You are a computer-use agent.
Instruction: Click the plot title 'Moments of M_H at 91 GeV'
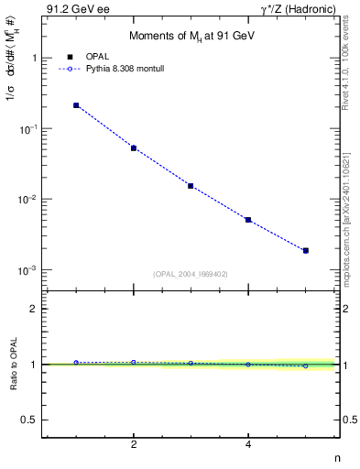191,34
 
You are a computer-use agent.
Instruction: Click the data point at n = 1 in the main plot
76,105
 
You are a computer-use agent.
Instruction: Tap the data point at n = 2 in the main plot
134,147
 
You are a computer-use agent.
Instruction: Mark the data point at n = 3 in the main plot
191,186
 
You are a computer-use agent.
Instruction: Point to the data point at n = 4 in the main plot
248,220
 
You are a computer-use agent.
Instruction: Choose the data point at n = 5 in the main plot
306,250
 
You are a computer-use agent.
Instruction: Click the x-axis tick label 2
134,445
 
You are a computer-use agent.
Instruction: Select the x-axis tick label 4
248,445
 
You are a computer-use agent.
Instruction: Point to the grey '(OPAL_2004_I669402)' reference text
191,272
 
